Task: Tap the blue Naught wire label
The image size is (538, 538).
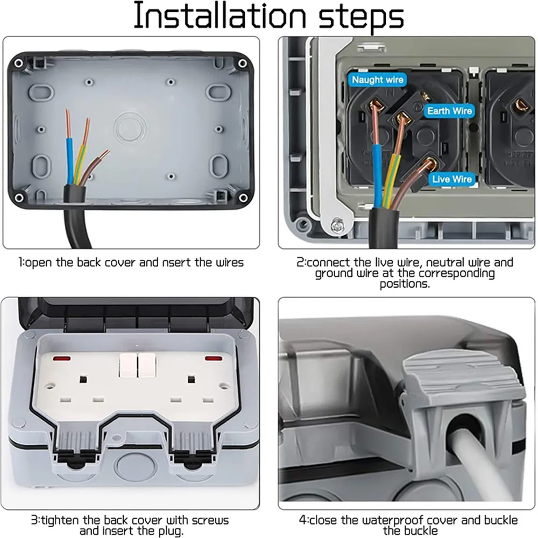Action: [x=378, y=80]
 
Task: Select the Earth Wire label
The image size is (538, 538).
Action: [x=449, y=111]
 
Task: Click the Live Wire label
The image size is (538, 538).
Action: [x=451, y=179]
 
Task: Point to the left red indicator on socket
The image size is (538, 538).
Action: [x=60, y=357]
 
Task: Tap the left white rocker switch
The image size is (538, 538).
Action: [x=128, y=366]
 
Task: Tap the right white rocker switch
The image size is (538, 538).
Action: [x=146, y=366]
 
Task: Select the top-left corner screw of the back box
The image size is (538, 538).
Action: [x=18, y=63]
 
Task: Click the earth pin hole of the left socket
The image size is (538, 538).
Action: [x=83, y=379]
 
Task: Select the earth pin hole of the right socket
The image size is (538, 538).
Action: [x=190, y=379]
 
